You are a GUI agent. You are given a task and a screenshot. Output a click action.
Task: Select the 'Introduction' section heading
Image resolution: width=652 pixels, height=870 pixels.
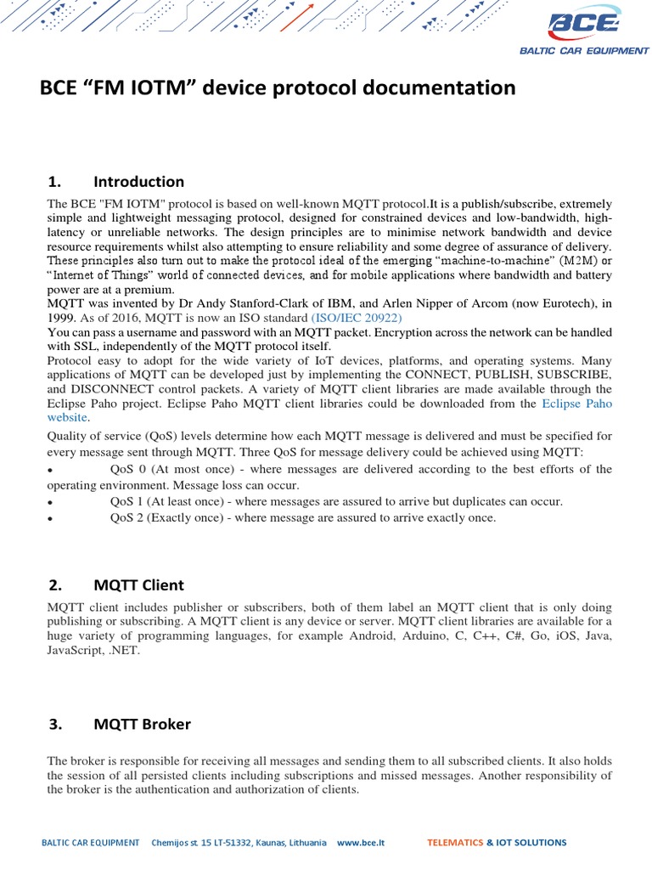[138, 181]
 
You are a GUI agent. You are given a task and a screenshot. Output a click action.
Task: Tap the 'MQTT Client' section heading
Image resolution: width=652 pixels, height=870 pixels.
[138, 585]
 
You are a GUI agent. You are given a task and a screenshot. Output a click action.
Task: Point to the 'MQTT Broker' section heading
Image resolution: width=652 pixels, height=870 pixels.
[142, 724]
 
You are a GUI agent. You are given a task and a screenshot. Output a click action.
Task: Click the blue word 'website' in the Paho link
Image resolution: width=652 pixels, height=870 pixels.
[67, 417]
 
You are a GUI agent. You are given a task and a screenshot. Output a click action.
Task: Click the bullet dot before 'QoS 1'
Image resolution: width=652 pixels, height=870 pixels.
[51, 502]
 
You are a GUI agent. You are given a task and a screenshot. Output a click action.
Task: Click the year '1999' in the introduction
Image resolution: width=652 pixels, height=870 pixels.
[61, 317]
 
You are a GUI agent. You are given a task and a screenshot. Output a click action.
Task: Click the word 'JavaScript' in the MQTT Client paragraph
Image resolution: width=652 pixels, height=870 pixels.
[74, 651]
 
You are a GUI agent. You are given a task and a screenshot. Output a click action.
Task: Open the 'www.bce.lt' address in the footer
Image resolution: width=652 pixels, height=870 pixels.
[361, 843]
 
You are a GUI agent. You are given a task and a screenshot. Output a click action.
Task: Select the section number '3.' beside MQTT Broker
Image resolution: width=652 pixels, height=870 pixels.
[56, 724]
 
